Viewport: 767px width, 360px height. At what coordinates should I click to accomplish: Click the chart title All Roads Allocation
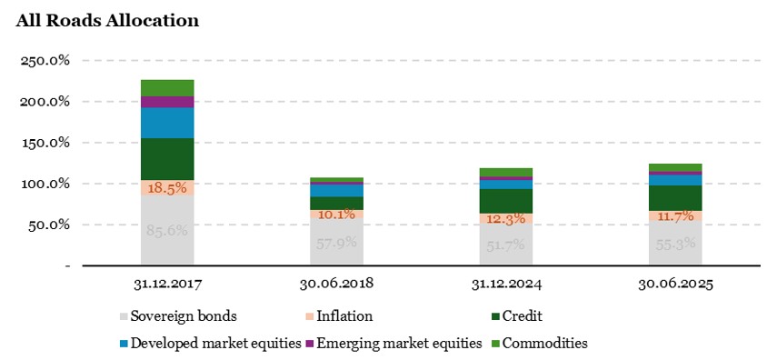click(x=107, y=19)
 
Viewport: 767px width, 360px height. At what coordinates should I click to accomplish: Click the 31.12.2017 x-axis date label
click(x=167, y=284)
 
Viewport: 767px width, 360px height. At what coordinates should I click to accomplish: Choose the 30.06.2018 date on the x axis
click(x=336, y=284)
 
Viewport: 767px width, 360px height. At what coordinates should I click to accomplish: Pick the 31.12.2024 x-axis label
click(x=505, y=284)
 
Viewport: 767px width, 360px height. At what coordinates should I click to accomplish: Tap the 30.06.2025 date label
click(x=675, y=284)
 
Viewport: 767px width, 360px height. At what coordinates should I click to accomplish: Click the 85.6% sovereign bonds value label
click(x=167, y=231)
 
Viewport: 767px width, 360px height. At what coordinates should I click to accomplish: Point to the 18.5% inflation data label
click(x=167, y=187)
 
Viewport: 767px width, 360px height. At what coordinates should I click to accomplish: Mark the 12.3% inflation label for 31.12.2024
click(x=505, y=220)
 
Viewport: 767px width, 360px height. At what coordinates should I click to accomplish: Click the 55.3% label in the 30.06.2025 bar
click(x=675, y=244)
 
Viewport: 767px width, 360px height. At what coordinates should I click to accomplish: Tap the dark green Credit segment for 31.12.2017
click(x=167, y=159)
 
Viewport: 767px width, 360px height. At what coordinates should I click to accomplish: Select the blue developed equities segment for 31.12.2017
click(x=167, y=123)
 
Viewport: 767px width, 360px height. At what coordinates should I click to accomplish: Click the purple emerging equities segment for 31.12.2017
click(x=167, y=102)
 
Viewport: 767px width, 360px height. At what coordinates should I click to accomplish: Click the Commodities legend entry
click(x=540, y=344)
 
